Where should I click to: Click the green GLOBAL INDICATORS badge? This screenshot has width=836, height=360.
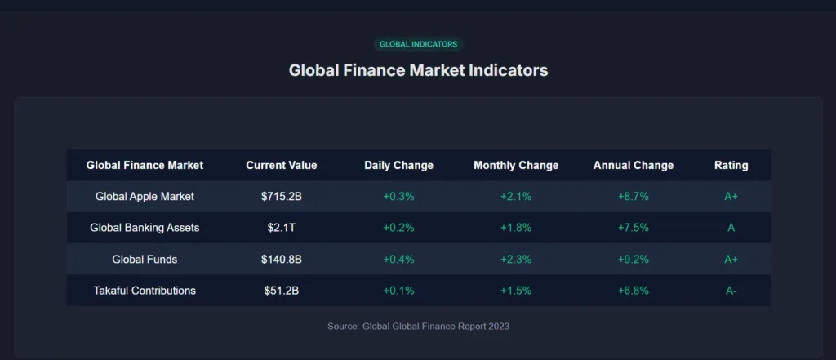[418, 44]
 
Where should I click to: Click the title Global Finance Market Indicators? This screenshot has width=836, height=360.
[418, 70]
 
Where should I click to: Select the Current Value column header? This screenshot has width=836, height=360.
[282, 165]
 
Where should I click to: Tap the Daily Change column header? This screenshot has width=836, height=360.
[398, 165]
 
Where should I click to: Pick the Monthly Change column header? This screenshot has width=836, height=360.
[516, 165]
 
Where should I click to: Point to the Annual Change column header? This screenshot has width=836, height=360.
[634, 165]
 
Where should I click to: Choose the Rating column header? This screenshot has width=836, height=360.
[731, 165]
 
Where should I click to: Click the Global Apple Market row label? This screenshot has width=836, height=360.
[145, 197]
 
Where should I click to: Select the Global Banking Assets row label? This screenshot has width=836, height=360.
[145, 228]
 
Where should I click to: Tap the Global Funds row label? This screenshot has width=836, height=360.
[145, 259]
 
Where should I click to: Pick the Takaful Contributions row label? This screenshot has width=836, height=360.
[145, 290]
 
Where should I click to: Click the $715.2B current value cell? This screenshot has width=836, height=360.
[282, 197]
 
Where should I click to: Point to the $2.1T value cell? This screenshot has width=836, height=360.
[282, 228]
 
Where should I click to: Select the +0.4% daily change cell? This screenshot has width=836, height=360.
[398, 259]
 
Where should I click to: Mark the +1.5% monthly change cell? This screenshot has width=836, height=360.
[516, 290]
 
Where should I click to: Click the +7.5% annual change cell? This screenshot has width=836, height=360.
[634, 228]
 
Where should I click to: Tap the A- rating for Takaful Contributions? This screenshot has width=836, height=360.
[731, 290]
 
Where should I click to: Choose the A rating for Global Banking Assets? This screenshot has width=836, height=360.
[731, 228]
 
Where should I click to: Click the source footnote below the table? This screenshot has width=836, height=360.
[418, 326]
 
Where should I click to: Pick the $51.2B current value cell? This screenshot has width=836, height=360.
[282, 290]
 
